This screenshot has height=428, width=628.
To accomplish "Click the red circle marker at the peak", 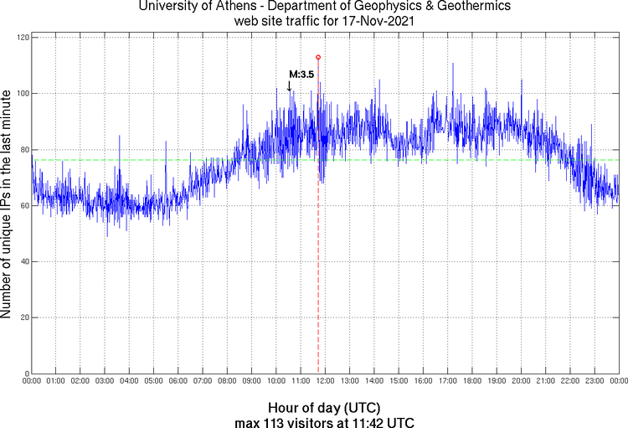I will point(318,57).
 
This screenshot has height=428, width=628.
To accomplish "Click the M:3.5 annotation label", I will point(301,75).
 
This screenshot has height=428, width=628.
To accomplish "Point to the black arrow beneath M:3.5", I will point(290,85).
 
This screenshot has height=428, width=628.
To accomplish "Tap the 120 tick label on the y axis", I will point(21,39).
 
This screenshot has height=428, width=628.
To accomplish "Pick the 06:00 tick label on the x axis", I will point(178,381).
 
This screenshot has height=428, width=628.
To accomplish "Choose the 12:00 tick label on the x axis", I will point(325,381).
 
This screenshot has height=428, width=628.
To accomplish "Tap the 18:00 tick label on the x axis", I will point(472,381).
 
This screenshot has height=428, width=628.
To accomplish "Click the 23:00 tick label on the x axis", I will point(595,381).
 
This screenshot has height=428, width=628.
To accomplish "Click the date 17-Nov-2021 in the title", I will point(364,20).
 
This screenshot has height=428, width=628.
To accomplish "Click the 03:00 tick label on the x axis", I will point(105,381).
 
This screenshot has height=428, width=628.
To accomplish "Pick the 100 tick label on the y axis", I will point(21,94).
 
